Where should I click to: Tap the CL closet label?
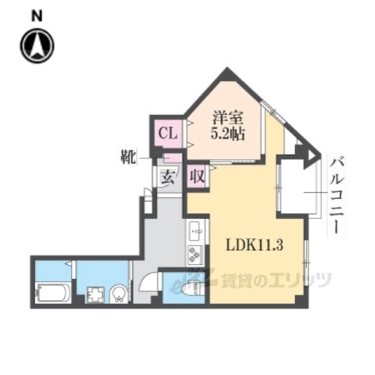tap(168, 133)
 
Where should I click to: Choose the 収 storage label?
tap(198, 176)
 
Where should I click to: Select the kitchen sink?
tap(195, 231)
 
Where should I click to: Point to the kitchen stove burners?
tap(194, 254)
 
